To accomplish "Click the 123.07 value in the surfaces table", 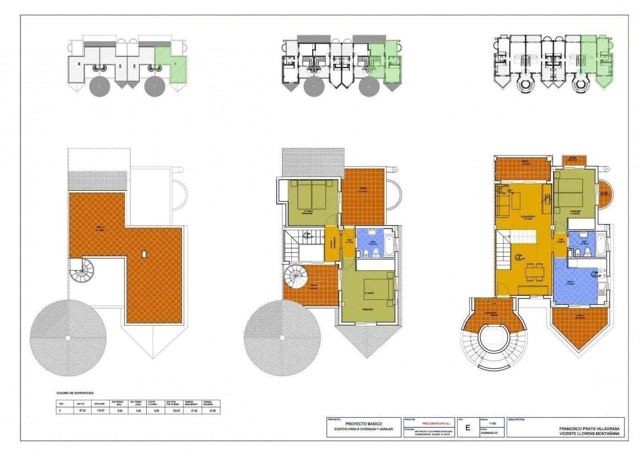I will tap(175, 411).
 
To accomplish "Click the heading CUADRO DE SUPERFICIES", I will tap(75, 393).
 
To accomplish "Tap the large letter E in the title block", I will tap(468, 428).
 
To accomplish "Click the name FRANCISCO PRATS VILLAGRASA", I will tap(589, 428).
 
